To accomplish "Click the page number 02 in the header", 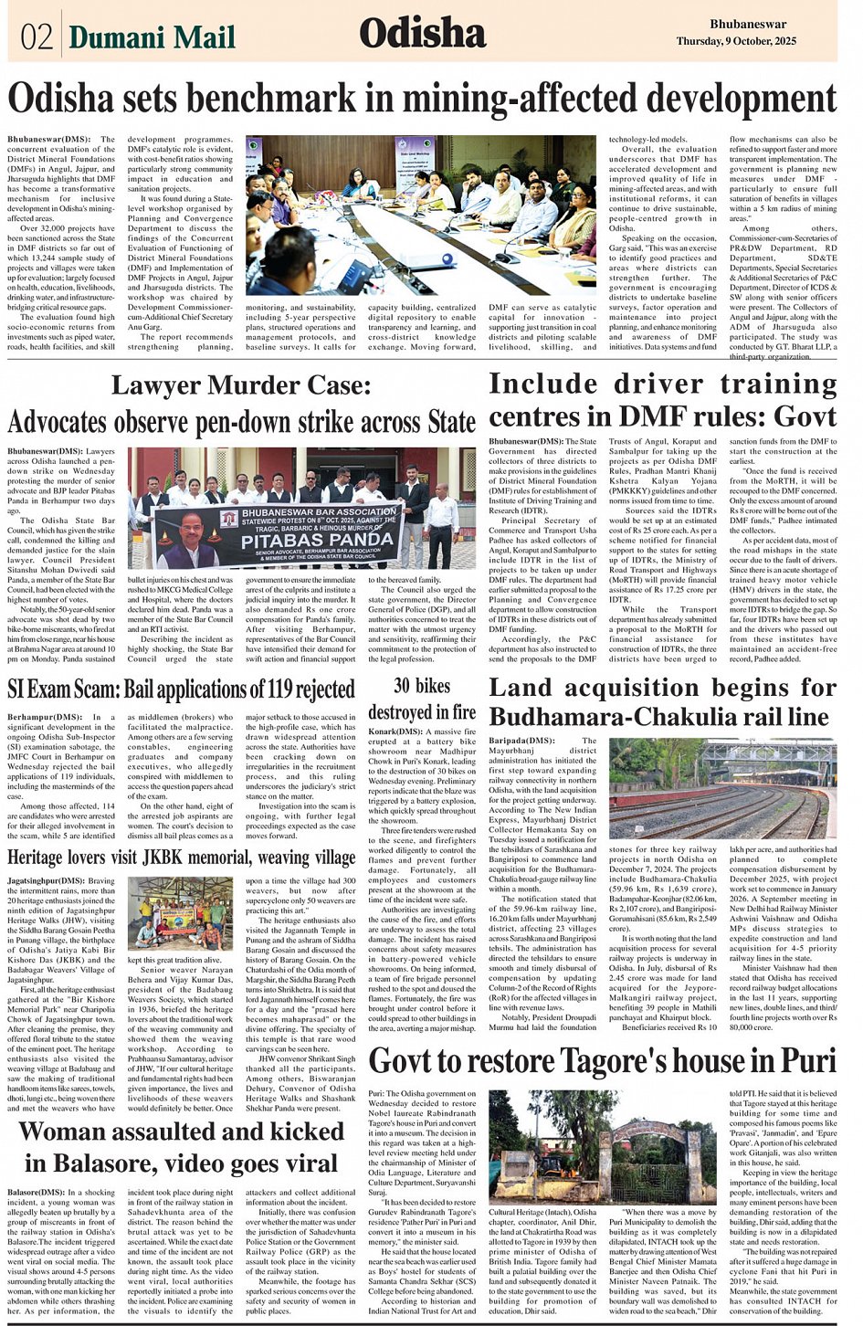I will click(x=35, y=37).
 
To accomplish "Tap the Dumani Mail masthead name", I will click(x=152, y=37).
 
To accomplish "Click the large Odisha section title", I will click(x=422, y=35).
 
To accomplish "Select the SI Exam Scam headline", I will click(x=180, y=689).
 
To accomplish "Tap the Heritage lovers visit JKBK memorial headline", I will click(x=181, y=858).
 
